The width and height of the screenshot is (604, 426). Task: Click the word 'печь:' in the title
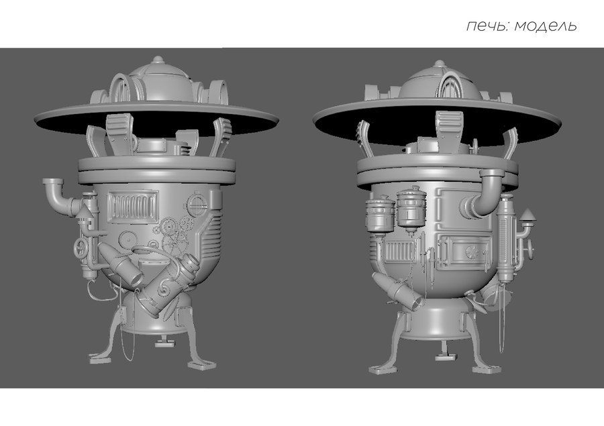coord(488,26)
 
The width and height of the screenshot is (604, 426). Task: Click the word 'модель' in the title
coord(546,25)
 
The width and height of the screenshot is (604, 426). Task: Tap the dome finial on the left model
coord(157,60)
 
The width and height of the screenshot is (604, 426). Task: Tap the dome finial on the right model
coord(439,64)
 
